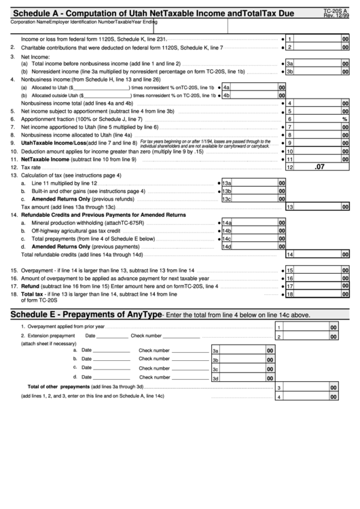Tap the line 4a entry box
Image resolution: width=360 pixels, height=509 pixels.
[x=254, y=88]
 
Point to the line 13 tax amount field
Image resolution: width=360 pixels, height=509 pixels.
[x=319, y=207]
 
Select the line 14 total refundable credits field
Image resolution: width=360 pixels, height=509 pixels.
[x=319, y=254]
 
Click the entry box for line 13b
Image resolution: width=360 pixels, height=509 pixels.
[x=254, y=191]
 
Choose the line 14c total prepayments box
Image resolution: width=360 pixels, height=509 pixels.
[x=254, y=239]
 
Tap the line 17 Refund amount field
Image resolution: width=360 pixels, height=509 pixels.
[x=319, y=286]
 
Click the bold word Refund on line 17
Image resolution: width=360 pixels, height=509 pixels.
[x=30, y=286]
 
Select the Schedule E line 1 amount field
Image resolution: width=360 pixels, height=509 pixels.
[x=306, y=327]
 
